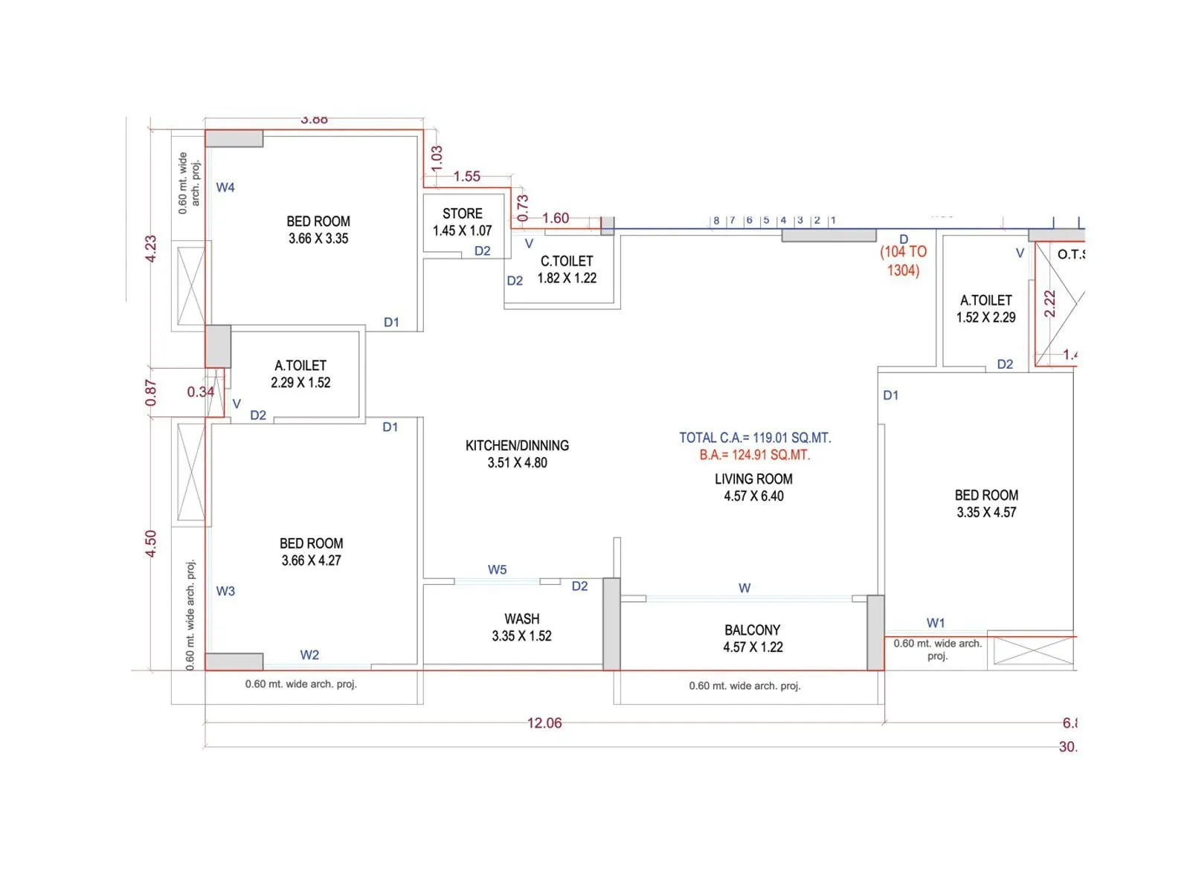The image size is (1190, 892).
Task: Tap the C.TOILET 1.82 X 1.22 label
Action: [567, 269]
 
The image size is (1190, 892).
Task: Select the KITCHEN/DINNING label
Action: [517, 446]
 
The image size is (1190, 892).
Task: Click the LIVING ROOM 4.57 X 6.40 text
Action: [753, 488]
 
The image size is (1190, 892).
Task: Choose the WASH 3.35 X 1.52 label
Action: [521, 627]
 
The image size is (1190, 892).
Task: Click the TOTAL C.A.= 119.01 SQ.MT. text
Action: [755, 438]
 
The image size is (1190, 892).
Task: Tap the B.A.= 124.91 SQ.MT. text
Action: [754, 455]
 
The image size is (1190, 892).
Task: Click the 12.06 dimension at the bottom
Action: [544, 723]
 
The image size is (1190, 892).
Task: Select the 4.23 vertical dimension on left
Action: [151, 248]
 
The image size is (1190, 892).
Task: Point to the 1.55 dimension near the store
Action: [467, 176]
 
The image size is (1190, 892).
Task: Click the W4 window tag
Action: [225, 187]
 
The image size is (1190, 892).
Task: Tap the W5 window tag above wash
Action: [497, 569]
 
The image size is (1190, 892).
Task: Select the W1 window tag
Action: [936, 623]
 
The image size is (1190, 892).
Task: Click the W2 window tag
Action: [309, 655]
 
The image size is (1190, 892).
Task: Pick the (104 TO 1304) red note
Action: [903, 261]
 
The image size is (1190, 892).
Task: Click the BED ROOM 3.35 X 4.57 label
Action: [986, 503]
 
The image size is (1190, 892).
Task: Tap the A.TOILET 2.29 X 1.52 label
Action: [300, 374]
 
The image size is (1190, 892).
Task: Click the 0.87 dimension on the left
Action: [151, 392]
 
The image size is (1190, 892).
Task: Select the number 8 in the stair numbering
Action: [716, 220]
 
